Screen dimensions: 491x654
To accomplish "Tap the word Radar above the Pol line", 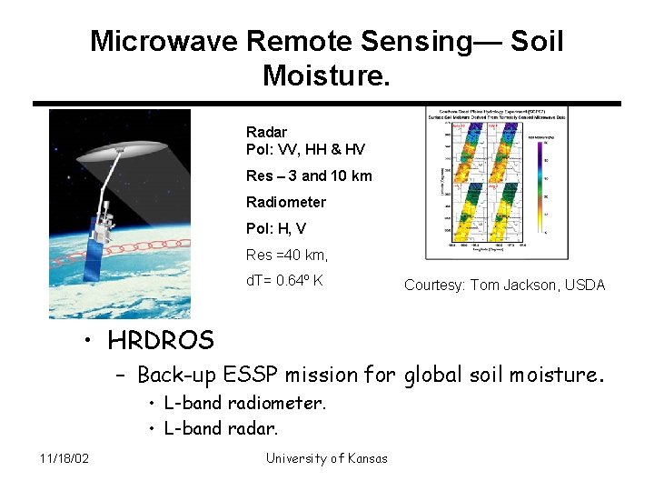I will [x=266, y=132].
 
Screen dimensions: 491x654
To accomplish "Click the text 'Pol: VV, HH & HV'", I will [x=305, y=149].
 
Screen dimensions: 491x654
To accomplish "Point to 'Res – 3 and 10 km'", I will [x=309, y=175].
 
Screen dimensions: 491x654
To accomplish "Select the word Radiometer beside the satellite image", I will [x=285, y=202].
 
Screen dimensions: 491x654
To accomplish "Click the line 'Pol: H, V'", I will [x=277, y=228].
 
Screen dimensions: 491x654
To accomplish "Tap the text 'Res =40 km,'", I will [x=286, y=255].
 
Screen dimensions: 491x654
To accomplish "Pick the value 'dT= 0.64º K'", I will [x=284, y=280].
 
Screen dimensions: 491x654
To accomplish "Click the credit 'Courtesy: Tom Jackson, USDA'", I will [x=504, y=286].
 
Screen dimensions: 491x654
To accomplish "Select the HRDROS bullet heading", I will [x=160, y=341].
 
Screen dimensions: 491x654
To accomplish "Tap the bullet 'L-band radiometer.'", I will [x=244, y=403].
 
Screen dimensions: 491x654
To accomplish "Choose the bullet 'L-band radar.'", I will [x=221, y=427].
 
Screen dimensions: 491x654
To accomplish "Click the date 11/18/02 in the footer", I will [x=64, y=458].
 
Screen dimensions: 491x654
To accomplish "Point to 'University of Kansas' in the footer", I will [x=326, y=458].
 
